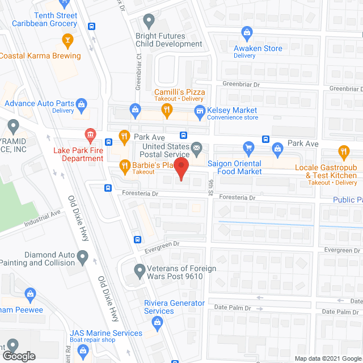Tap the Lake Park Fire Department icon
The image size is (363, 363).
[90, 135]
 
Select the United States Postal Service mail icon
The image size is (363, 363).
[196, 150]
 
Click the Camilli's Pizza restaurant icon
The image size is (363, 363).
[166, 110]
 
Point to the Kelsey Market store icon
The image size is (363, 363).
[199, 111]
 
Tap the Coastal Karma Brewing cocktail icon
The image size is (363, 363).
[67, 40]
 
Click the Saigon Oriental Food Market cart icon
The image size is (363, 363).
[248, 150]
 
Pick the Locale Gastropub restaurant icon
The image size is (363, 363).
[343, 151]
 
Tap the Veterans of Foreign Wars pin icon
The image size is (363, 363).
[139, 269]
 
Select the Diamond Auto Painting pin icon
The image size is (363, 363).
[83, 259]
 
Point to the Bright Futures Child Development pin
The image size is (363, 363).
[149, 22]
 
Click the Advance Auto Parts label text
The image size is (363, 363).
[40, 103]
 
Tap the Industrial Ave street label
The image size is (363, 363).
[42, 220]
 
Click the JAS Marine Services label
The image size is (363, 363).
[106, 333]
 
